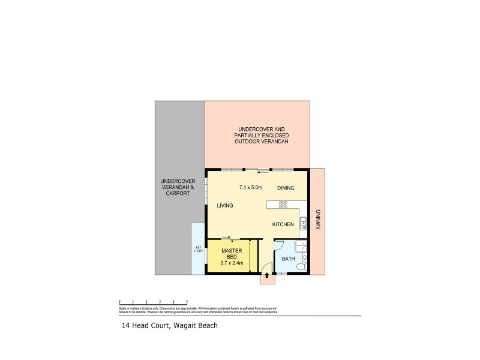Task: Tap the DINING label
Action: tap(286, 188)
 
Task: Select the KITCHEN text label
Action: tap(283, 224)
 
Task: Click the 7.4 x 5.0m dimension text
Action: tap(251, 188)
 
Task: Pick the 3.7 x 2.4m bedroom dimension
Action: tap(232, 262)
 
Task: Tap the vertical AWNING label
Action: tap(318, 220)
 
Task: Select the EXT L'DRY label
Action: tap(198, 250)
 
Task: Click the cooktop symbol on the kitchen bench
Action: tap(283, 205)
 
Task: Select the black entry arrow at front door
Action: tap(267, 275)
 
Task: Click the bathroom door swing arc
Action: tap(278, 245)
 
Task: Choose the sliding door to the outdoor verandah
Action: tap(258, 170)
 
